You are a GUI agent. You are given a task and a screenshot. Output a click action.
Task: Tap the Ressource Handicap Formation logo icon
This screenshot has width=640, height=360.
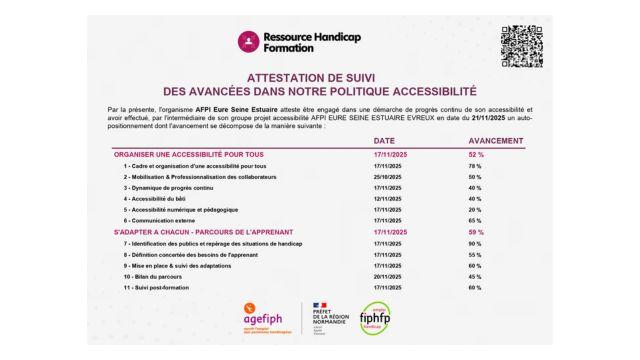pos(248,42)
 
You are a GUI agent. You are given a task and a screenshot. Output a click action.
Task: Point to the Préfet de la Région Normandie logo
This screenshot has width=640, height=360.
pos(321,317)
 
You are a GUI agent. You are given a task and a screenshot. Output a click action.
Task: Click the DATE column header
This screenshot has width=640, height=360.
pos(384,141)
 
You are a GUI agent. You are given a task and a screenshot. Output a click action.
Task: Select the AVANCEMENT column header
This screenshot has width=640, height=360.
pos(496,141)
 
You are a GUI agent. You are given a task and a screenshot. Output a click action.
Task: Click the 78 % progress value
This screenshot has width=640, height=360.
pos(474,165)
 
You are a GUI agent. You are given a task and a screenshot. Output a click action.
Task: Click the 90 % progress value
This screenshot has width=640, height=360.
pos(474,243)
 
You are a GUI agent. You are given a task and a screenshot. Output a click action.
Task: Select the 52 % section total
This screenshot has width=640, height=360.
pos(476,154)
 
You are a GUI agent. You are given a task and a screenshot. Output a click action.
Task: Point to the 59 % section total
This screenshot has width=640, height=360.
pos(476,232)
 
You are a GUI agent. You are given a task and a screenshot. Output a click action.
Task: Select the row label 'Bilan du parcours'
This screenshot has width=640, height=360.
pos(160,276)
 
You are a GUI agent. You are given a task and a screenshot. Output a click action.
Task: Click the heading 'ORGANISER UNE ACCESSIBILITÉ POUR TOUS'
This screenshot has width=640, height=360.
pos(189,154)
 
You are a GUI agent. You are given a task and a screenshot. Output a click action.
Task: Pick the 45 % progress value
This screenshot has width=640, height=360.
pos(474,276)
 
